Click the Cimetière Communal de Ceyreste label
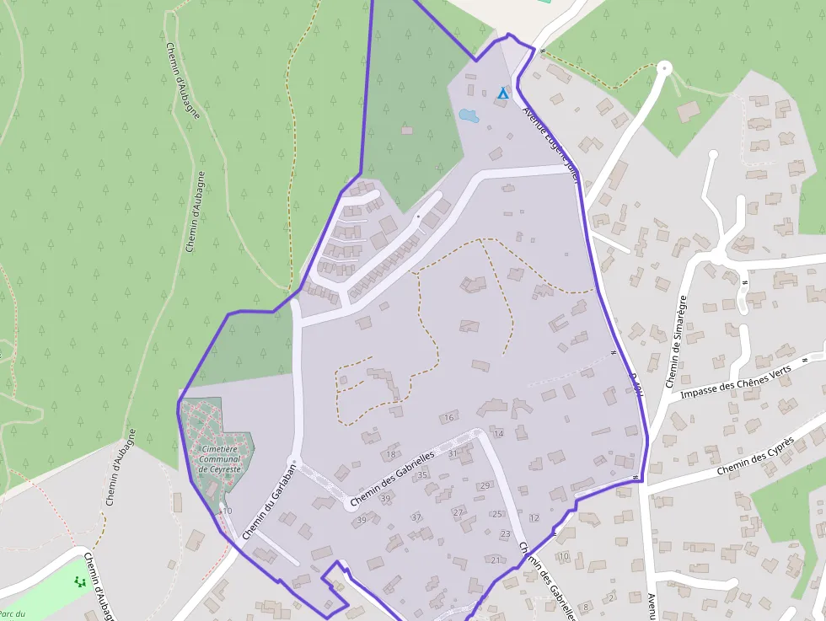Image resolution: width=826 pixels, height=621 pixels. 220,458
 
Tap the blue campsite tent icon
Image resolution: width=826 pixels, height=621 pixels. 503,93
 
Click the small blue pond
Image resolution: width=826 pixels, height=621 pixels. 468,115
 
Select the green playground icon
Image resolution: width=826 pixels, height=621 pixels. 79,581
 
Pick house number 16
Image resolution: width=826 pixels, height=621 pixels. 449,417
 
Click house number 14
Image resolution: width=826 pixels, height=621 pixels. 499,434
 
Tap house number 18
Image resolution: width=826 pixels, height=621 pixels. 390,455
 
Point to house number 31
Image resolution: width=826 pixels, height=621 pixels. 453,453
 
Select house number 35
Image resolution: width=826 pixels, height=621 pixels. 422,475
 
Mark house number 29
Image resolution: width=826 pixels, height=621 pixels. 485,486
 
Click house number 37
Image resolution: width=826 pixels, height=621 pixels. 416,517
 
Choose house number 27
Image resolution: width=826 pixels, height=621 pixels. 458,512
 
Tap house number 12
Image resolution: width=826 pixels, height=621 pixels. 534,518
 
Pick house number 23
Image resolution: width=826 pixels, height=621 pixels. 505,534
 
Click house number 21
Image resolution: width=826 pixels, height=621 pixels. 496,560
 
